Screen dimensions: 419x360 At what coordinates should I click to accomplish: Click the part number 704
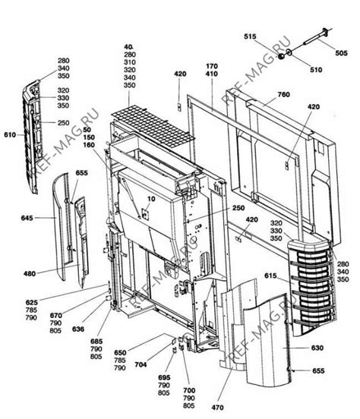[x=141, y=364]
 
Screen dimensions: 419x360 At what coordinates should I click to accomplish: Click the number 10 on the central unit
[x=150, y=200]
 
